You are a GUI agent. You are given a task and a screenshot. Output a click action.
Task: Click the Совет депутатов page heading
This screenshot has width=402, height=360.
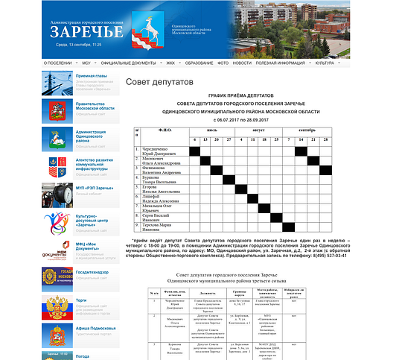(159, 81)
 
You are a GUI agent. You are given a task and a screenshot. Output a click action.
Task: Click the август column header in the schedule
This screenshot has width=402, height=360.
(258, 130)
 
